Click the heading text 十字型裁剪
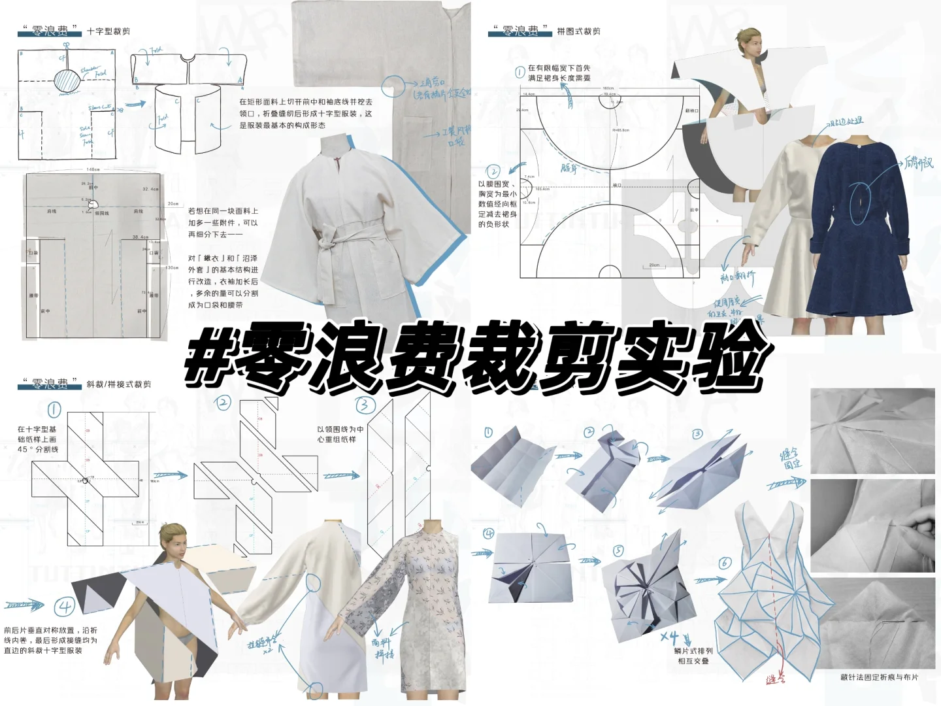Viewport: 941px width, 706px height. (108, 31)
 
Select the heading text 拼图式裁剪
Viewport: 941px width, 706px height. (578, 31)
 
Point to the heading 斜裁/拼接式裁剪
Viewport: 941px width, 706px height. (119, 384)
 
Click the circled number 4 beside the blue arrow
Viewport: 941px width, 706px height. (65, 607)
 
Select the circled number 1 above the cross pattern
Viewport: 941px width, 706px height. (54, 410)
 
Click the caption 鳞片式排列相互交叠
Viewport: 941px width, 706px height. (693, 656)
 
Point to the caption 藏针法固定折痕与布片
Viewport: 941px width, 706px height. (879, 677)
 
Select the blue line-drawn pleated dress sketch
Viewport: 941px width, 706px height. (771, 588)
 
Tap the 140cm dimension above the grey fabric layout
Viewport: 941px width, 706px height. (93, 169)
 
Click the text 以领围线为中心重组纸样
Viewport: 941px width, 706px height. (340, 434)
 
